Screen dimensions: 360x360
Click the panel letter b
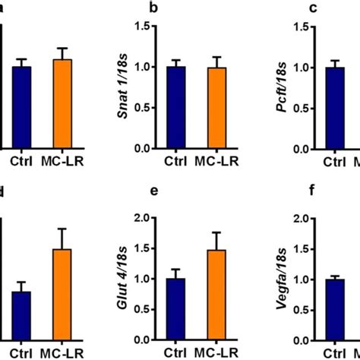(176, 8)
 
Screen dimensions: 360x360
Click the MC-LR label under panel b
(219, 162)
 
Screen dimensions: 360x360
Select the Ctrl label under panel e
(176, 353)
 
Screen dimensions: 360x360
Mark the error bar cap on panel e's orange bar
(219, 232)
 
